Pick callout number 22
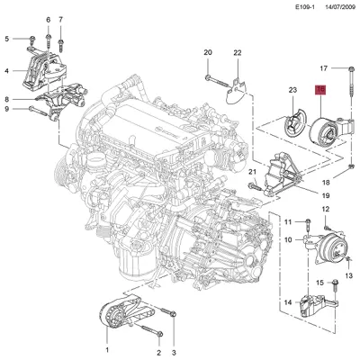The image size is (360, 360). pos(238,54)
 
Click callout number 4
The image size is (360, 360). pos(7,71)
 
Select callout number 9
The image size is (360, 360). pos(7,110)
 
